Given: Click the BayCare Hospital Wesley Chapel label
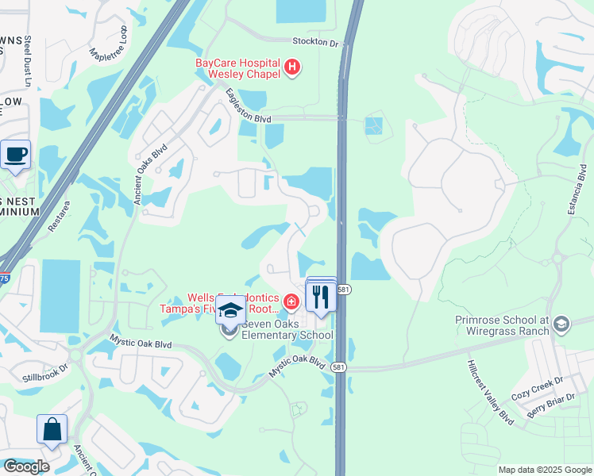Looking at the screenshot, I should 238,68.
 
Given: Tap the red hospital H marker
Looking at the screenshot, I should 292,68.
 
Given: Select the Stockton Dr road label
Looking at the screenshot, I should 315,42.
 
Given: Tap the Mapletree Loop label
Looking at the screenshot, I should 109,47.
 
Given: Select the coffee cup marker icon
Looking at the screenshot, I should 16,154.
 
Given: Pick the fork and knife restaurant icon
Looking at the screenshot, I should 321,297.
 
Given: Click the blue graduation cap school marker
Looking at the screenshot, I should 230,310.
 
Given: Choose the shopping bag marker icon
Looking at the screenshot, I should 52,429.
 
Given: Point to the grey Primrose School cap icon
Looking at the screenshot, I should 562,323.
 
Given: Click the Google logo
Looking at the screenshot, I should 26,466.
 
